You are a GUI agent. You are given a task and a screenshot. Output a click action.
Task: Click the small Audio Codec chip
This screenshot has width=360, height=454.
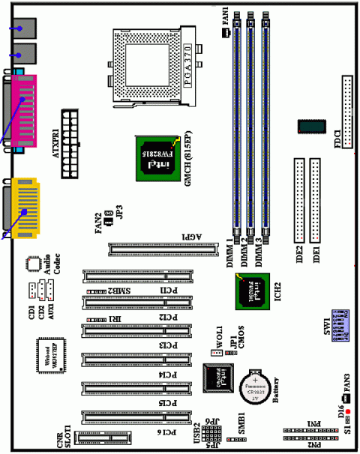click(31, 264)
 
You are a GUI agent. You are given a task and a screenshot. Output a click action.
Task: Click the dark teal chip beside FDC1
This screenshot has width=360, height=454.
click(310, 126)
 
